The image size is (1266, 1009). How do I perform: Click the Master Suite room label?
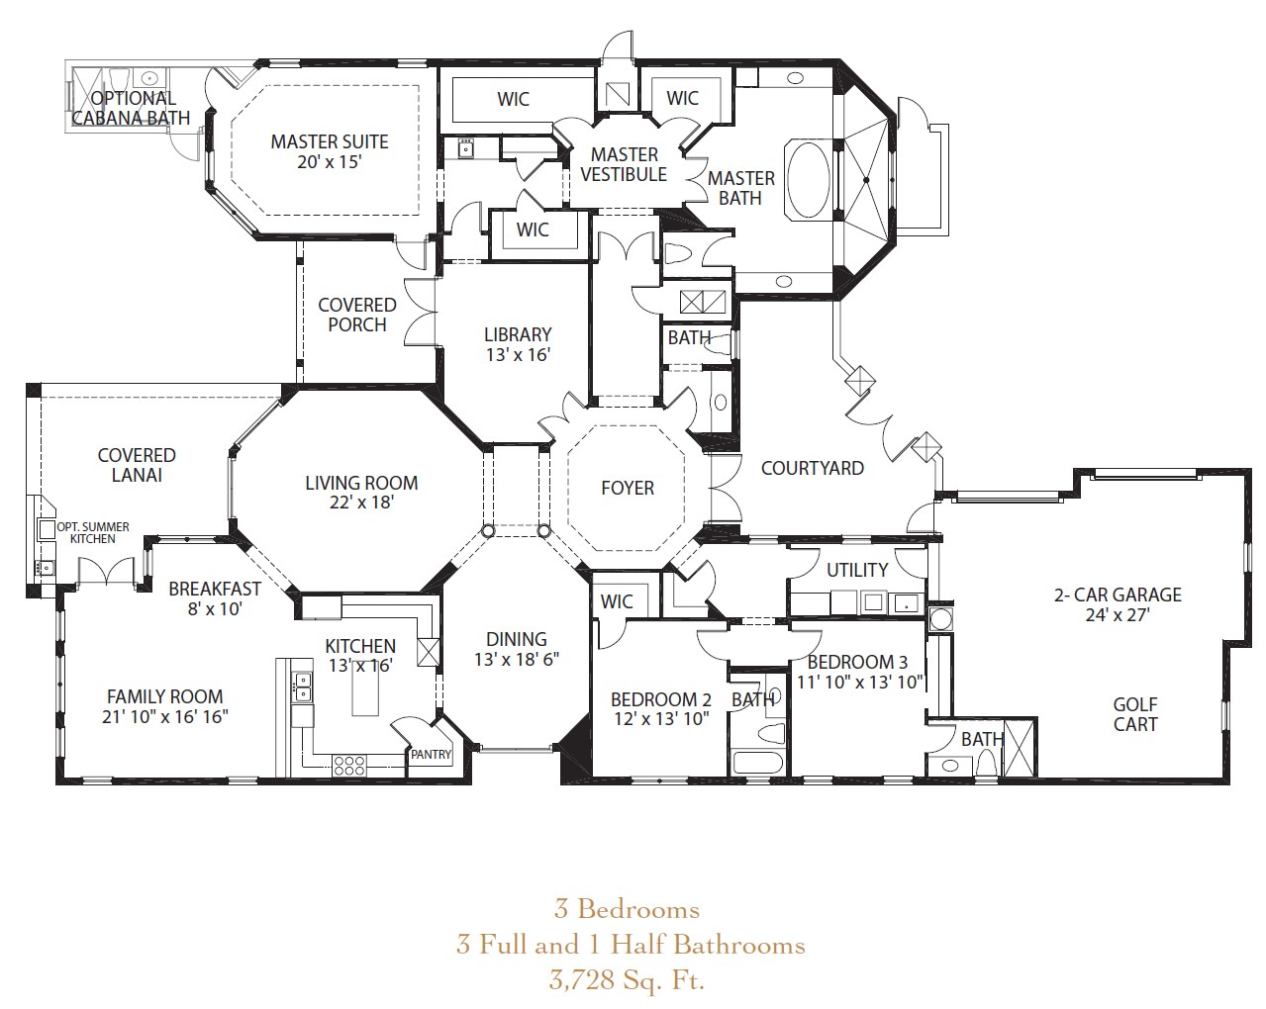[x=330, y=141]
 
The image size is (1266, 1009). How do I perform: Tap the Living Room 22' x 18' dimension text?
[x=361, y=503]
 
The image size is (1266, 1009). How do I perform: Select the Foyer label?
[x=628, y=488]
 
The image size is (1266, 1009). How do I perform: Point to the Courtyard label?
[x=813, y=468]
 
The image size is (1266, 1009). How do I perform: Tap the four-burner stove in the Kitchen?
[x=348, y=765]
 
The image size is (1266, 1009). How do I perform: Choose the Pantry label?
[x=432, y=755]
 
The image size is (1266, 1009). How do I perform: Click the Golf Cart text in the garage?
[x=1135, y=714]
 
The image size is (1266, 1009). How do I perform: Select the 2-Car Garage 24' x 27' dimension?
[x=1118, y=615]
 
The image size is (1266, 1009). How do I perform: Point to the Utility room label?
[x=857, y=570]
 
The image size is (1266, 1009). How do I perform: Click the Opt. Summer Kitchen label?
[x=93, y=533]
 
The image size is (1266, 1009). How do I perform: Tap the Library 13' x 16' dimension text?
[x=519, y=355]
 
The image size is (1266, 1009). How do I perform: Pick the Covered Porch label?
[x=357, y=315]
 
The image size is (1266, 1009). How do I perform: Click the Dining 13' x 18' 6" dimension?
[x=517, y=660]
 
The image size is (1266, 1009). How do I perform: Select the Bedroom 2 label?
[x=660, y=699]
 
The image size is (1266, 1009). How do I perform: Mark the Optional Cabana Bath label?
[x=132, y=108]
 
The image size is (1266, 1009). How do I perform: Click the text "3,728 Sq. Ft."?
[x=628, y=980]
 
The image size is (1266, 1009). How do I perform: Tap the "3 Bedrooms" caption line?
[x=628, y=910]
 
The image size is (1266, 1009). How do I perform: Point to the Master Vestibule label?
[x=624, y=164]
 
